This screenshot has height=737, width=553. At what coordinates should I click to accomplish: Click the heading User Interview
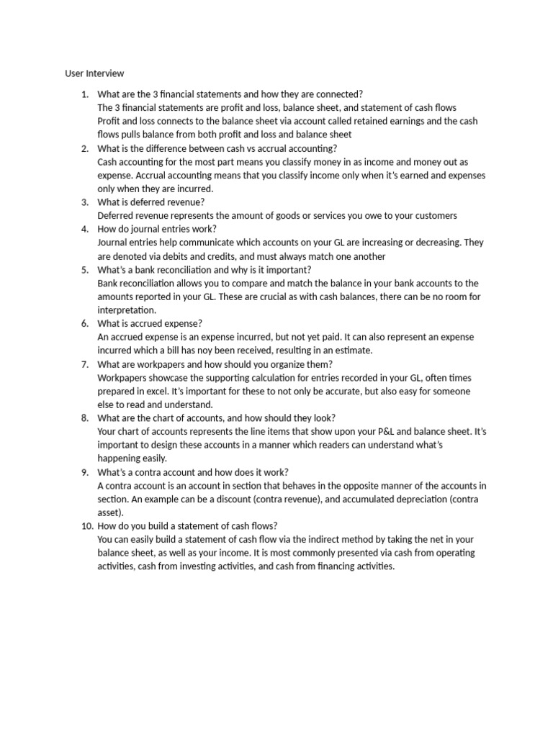coord(94,73)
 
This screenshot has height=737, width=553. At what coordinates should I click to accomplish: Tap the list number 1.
coord(84,94)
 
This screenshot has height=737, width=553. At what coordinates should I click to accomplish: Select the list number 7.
coord(84,364)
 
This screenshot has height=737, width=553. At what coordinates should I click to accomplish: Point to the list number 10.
coord(81,525)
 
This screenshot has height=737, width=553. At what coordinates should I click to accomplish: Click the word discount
coord(260,499)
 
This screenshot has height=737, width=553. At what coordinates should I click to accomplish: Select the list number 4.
coord(84,229)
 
